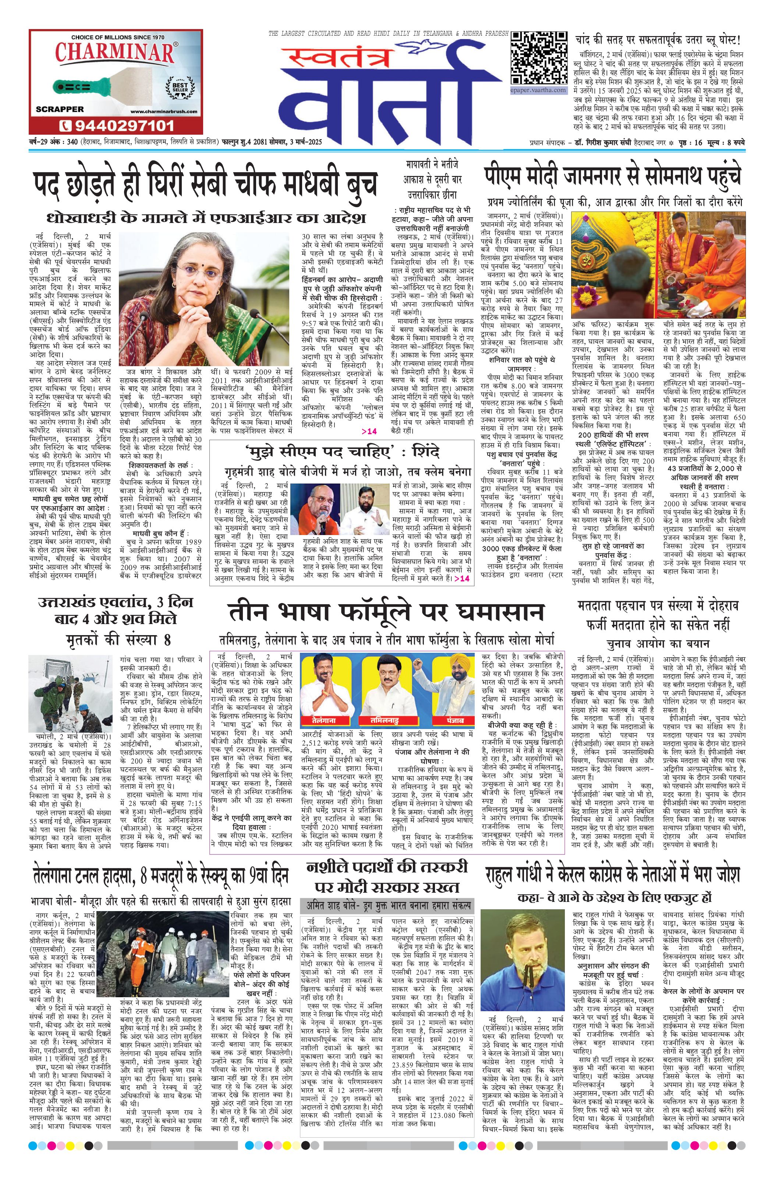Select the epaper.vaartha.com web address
(538, 90)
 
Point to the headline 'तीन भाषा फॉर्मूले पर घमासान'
(386, 613)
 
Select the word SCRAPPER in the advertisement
(60, 109)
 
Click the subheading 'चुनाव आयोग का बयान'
(657, 644)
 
